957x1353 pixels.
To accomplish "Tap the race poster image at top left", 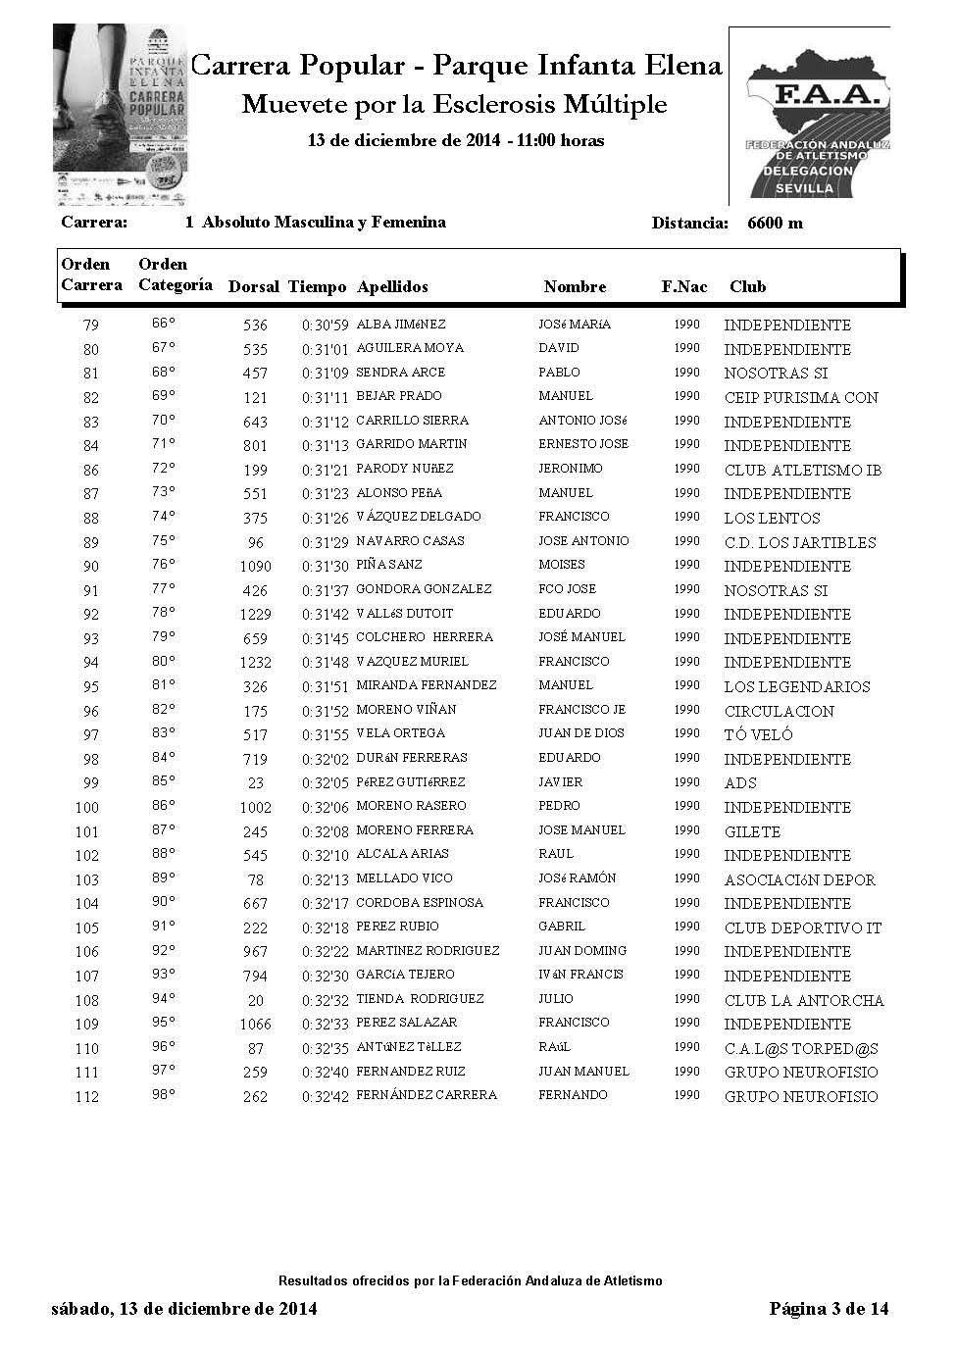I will (121, 115).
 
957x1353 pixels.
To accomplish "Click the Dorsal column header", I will (254, 287).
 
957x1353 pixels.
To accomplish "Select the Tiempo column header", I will (317, 287).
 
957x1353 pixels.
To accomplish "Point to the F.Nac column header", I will (683, 287).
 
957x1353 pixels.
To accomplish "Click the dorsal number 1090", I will (255, 567).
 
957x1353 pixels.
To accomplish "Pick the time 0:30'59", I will (325, 326).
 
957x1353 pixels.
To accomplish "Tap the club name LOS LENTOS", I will (772, 518).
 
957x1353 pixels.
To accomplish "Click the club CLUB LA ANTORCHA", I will (804, 1000).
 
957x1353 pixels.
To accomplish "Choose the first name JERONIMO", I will (571, 469).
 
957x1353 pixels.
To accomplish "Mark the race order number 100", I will (87, 808).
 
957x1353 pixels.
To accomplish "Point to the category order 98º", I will (164, 1094).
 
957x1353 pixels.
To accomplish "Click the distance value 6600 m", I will (775, 223).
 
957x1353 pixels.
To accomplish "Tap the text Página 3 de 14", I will (829, 1308).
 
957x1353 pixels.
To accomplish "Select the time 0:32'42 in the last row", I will (325, 1097).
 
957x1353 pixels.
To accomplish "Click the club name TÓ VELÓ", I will (758, 734).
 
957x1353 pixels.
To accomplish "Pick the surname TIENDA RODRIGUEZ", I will (420, 999).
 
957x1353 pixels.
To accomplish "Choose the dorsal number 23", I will (255, 783).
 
